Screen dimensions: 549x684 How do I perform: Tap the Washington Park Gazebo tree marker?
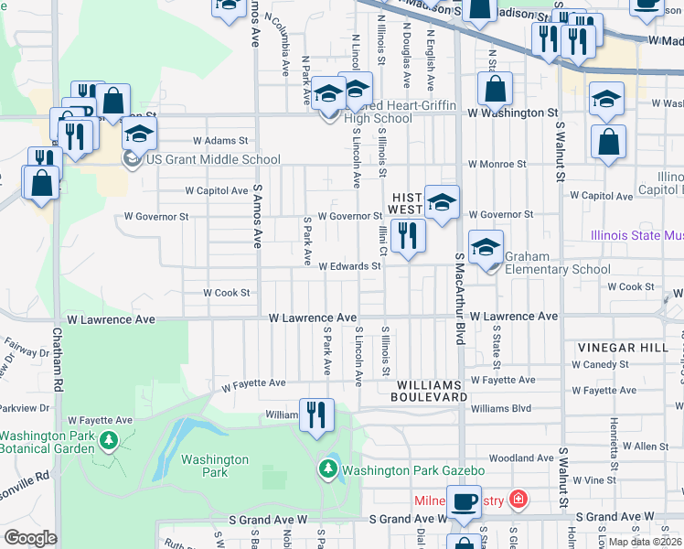328,470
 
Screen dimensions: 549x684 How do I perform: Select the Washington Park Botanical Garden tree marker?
109,442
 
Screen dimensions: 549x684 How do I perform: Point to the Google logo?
30,538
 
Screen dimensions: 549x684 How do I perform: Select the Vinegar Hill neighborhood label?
617,349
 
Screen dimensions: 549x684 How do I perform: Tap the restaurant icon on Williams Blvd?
316,414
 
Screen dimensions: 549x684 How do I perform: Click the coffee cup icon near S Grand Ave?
465,502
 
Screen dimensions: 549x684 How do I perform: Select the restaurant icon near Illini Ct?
408,236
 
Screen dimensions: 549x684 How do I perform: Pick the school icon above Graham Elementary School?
486,246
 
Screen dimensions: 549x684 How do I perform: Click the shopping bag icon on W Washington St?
495,89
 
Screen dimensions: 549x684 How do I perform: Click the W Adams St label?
220,141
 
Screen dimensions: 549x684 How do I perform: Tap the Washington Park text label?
215,466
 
